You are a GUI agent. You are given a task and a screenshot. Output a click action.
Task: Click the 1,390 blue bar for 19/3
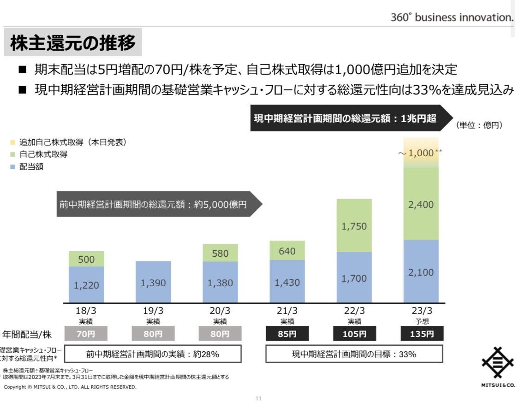[153, 282]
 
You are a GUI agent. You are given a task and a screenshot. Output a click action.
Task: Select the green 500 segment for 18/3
[86, 259]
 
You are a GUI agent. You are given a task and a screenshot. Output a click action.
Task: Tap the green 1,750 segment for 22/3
[354, 226]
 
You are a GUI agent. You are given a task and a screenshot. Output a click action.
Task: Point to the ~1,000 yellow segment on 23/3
[421, 153]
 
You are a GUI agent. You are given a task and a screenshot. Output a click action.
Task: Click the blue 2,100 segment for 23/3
[421, 272]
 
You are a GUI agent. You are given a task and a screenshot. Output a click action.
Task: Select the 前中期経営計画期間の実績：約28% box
[153, 354]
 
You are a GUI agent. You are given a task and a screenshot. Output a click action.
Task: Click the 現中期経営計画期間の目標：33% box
[354, 354]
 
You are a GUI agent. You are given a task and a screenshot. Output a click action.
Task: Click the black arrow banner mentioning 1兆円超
[351, 118]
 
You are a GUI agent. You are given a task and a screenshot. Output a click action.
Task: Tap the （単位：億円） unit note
[479, 125]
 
